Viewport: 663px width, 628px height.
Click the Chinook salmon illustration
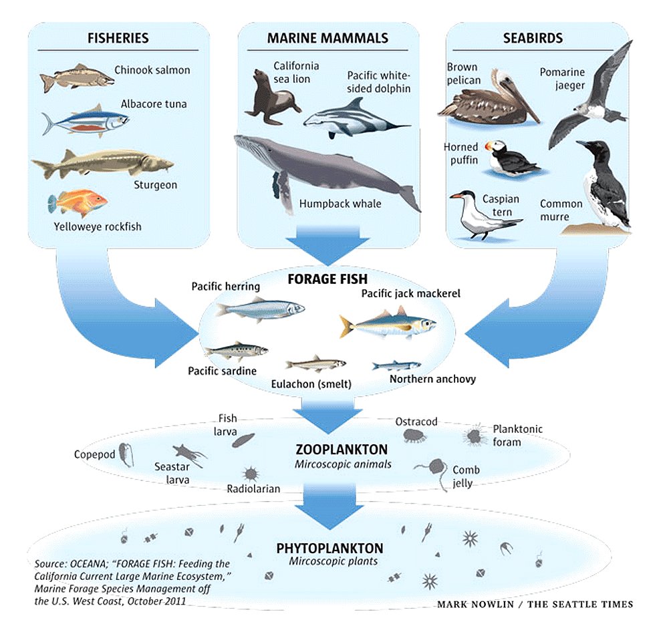(x=76, y=77)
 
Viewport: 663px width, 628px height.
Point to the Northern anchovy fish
(x=396, y=365)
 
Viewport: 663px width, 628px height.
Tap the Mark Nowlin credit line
(x=535, y=605)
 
